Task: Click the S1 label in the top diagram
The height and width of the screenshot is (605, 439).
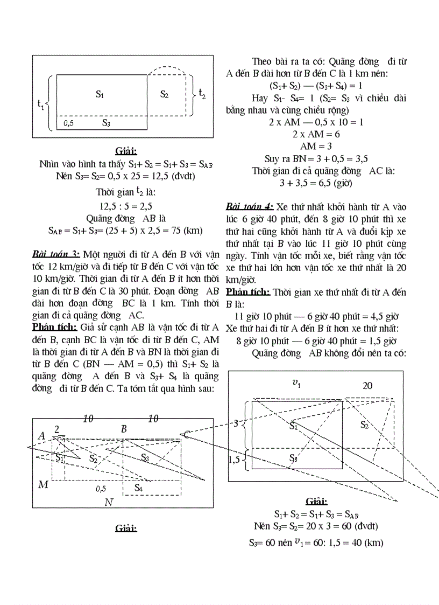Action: [100, 94]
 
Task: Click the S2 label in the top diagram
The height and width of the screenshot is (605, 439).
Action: [165, 94]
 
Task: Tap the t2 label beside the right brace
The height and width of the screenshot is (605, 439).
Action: [202, 93]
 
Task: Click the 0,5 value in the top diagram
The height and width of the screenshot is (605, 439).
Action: [68, 123]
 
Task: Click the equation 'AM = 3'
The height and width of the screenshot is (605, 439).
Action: [316, 146]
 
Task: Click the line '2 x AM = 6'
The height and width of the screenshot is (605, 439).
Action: [316, 134]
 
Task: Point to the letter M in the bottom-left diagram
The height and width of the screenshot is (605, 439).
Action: [43, 485]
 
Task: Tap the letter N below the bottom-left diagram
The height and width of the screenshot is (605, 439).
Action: [109, 502]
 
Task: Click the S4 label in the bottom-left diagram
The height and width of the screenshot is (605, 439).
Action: [138, 488]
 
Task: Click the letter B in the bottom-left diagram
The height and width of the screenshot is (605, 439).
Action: [124, 429]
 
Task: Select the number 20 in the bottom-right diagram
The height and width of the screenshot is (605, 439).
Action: [367, 385]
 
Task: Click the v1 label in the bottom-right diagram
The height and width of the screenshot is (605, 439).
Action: [296, 383]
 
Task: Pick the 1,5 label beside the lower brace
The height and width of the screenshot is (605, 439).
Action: [234, 459]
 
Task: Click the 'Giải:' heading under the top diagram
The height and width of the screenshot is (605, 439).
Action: [126, 150]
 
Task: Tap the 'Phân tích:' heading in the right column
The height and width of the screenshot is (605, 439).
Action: [248, 292]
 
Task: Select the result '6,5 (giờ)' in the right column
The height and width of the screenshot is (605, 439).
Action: [331, 183]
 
